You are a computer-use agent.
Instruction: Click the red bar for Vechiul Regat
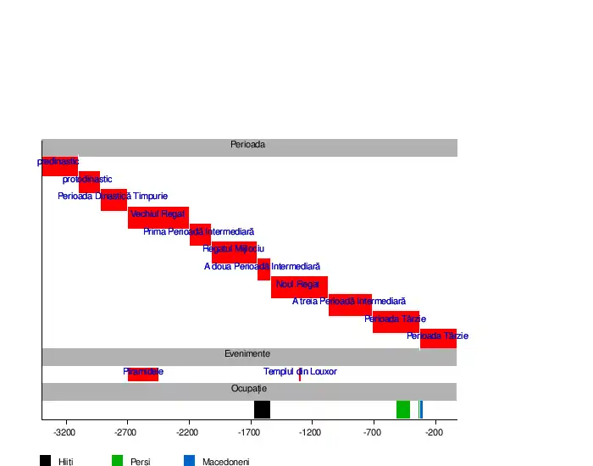[158, 218]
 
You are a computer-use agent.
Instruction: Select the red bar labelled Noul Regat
[299, 287]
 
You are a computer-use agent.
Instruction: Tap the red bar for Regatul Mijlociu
[234, 252]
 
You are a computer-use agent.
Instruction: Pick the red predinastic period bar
[59, 166]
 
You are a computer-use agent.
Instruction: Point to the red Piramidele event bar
[143, 374]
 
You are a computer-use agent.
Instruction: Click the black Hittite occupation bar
[262, 409]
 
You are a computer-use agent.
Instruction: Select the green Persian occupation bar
[403, 409]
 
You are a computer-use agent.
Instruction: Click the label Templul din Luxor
[300, 371]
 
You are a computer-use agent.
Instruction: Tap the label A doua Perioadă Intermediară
[262, 266]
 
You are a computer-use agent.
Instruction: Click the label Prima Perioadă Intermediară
[198, 231]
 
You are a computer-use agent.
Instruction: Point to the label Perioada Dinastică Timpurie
[113, 197]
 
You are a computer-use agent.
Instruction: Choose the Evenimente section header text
[247, 353]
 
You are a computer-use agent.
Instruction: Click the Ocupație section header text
[249, 388]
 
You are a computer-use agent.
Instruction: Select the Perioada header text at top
[247, 144]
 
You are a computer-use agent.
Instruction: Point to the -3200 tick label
[64, 433]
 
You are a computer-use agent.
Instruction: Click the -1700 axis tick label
[250, 433]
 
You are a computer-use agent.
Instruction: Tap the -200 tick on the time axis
[435, 433]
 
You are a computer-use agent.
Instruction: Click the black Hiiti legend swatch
[45, 461]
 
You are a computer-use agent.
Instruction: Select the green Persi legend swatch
[118, 461]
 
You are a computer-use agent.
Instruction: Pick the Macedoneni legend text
[225, 462]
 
